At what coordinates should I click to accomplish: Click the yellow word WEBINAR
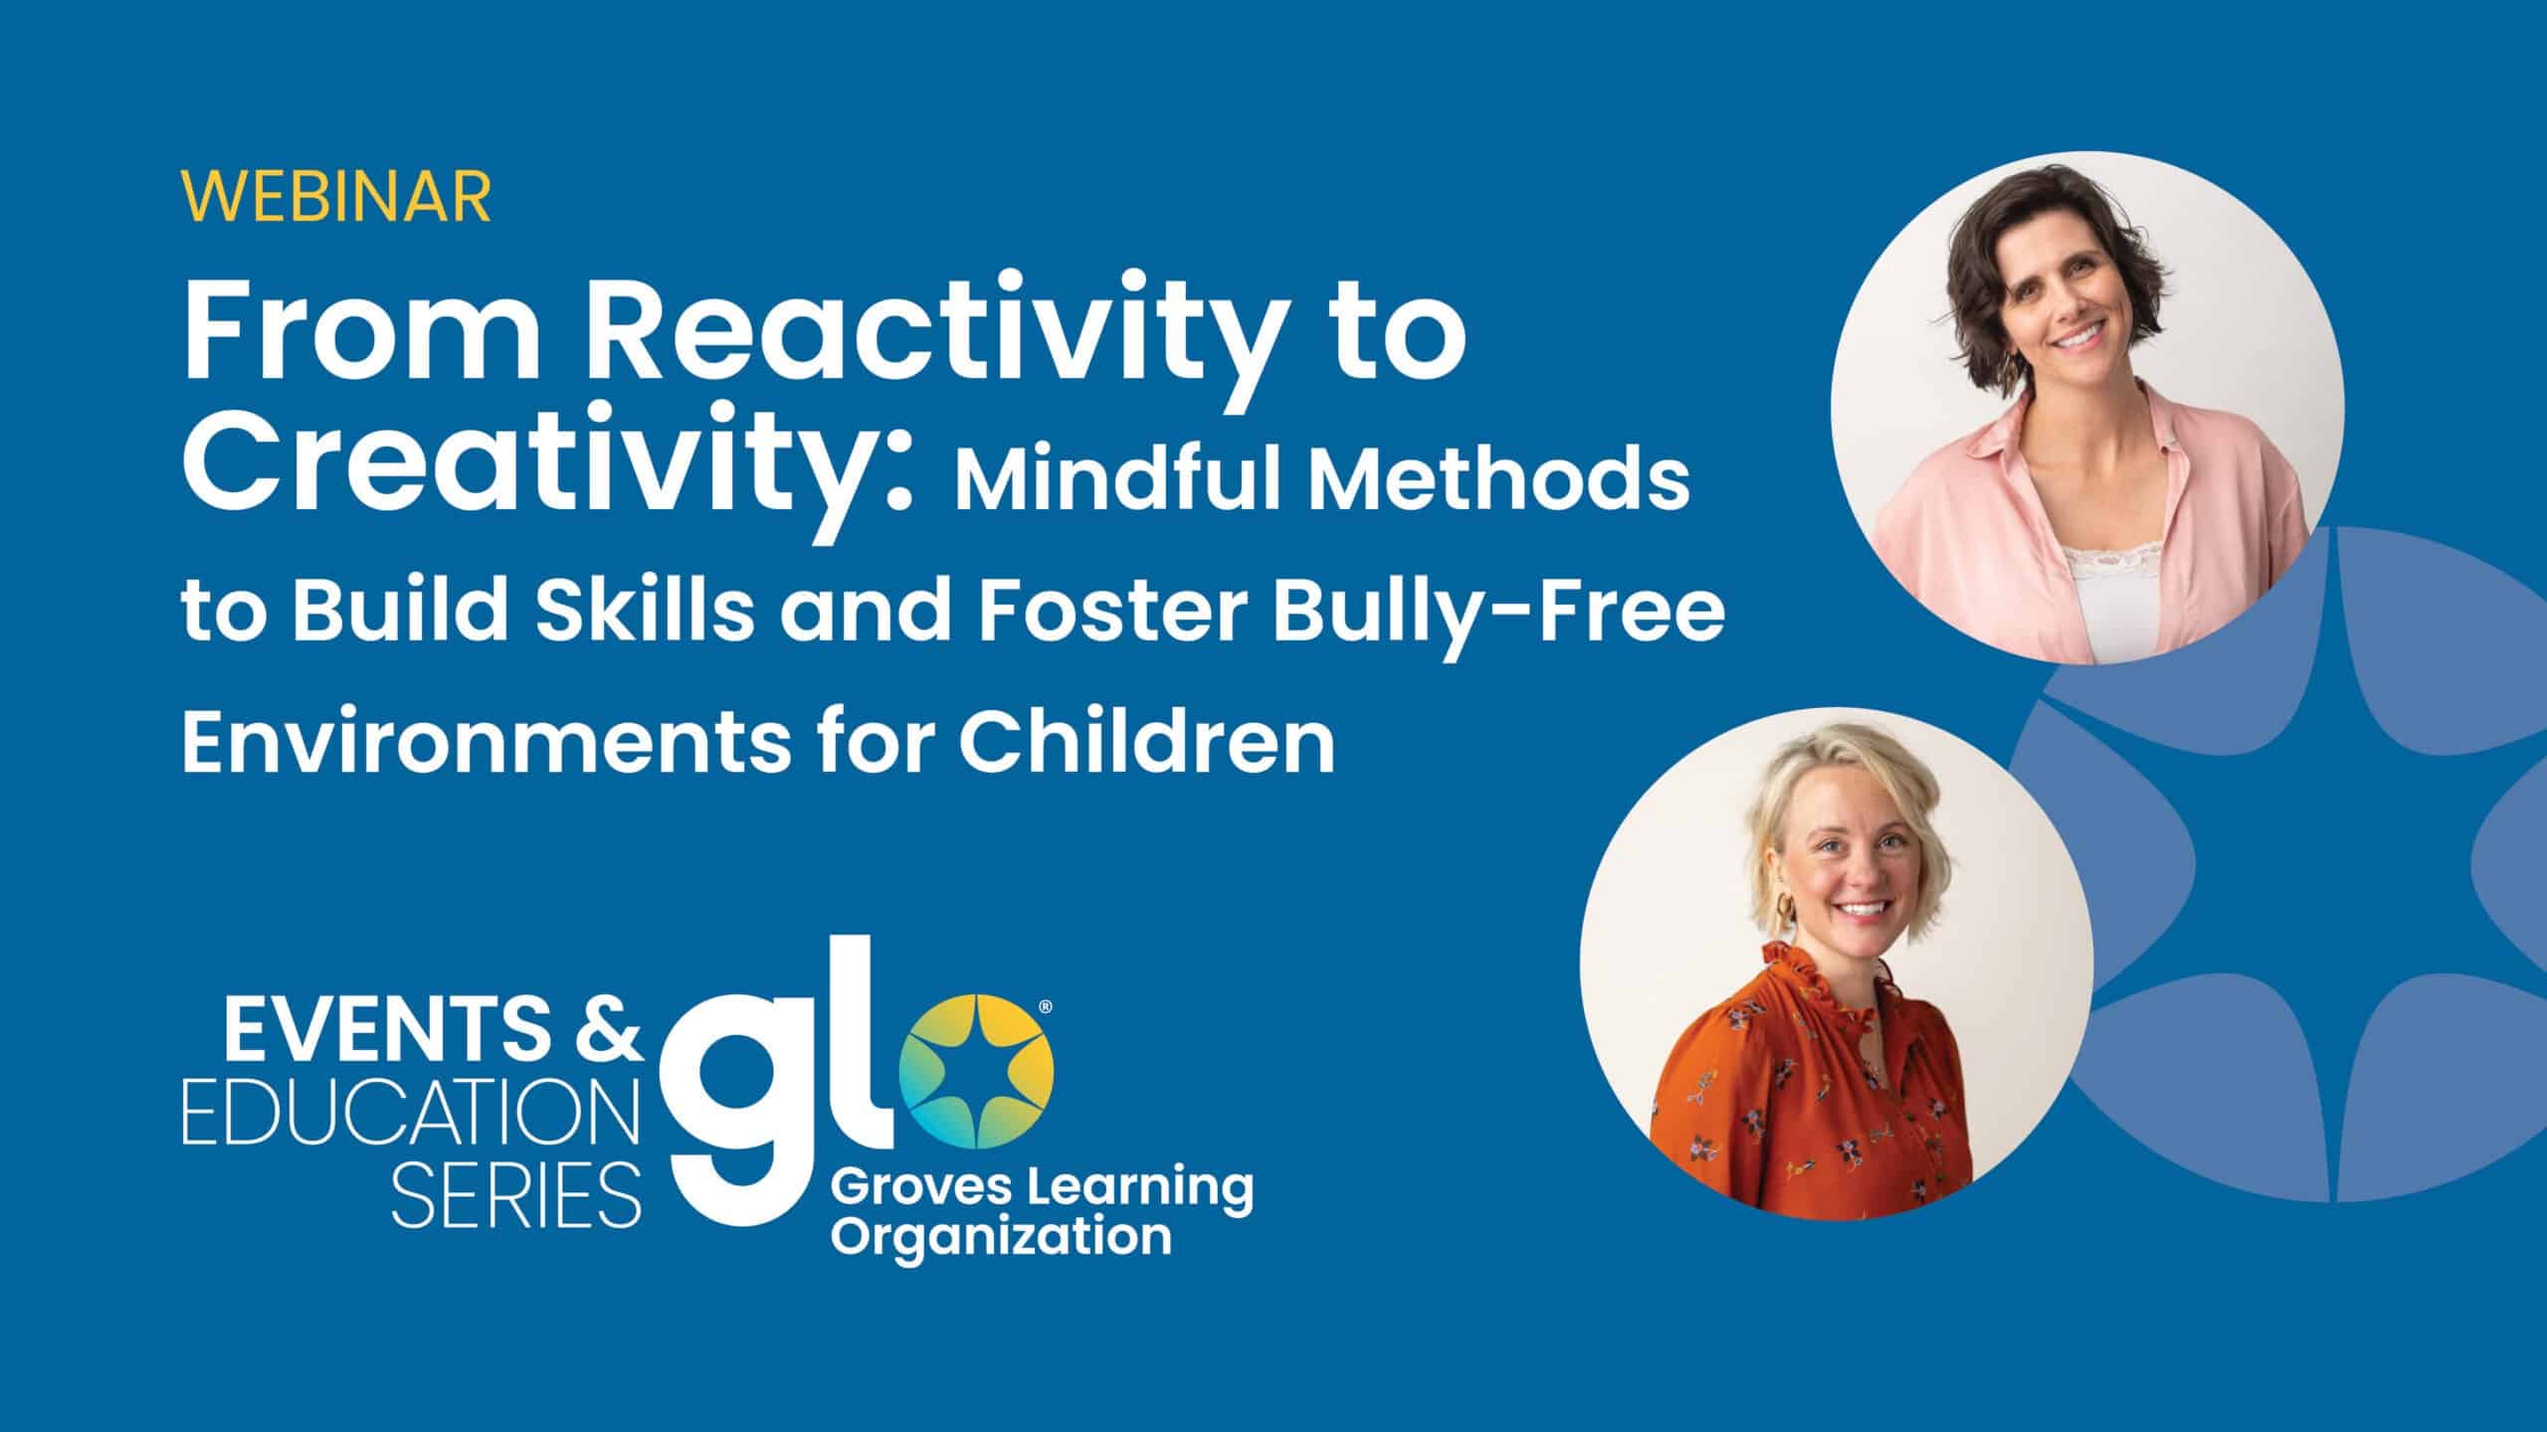tap(336, 198)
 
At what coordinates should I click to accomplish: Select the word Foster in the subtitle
tap(1110, 609)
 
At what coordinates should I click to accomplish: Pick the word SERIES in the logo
tap(516, 1193)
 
